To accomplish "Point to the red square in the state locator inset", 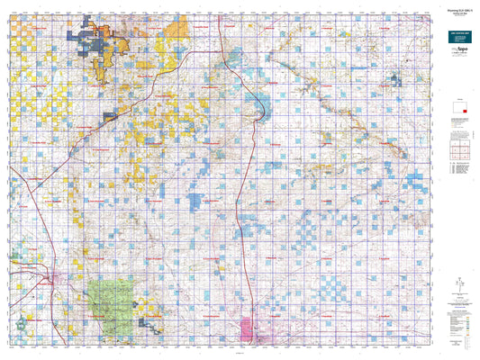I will click(463, 111).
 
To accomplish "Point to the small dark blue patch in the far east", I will click(392, 84).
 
